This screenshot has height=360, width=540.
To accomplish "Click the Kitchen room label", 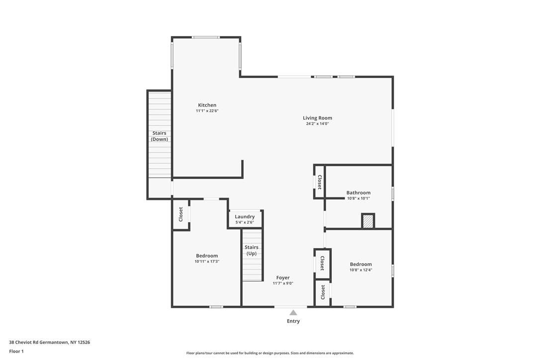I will point(207,105).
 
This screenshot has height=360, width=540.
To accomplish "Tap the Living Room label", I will point(317,118).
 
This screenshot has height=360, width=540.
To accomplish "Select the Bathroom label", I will point(358,192).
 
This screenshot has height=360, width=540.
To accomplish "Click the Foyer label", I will point(282,277).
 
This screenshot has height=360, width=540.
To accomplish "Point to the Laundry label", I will point(245,216).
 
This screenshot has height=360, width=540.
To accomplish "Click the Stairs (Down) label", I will point(159,136).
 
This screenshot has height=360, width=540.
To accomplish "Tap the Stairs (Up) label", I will point(252,250).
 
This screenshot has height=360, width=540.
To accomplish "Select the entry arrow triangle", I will point(293,313).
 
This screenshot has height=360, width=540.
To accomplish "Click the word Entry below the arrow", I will point(293,321).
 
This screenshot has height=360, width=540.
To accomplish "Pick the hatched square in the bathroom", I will point(368,221).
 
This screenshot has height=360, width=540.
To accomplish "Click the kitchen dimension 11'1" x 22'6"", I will point(207,111).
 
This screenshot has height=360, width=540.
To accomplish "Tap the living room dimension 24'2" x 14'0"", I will point(317,124).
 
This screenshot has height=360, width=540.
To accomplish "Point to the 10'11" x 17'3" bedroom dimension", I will point(207,262).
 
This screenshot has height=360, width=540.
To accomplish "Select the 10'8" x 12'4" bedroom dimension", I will point(360,270).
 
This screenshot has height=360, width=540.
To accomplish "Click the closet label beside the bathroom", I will point(320,182).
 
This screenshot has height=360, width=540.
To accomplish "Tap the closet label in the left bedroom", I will point(180,214).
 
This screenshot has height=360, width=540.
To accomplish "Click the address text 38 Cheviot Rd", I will point(49,342).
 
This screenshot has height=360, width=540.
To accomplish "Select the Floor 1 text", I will point(16,351).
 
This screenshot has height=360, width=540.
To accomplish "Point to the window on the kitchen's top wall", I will point(206,37).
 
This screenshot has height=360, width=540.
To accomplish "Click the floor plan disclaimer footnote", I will point(270,353).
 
